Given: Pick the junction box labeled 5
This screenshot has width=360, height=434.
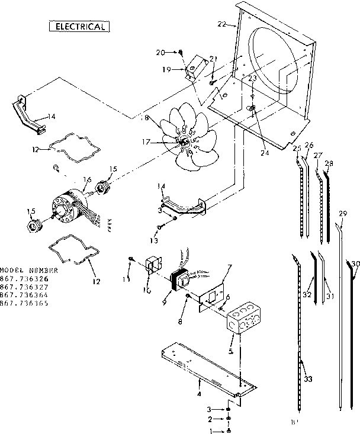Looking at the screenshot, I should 245,320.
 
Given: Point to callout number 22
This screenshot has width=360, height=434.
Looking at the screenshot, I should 221,24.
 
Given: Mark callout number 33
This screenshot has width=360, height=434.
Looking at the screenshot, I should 308,379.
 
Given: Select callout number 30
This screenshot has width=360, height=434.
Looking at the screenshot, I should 355,264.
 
